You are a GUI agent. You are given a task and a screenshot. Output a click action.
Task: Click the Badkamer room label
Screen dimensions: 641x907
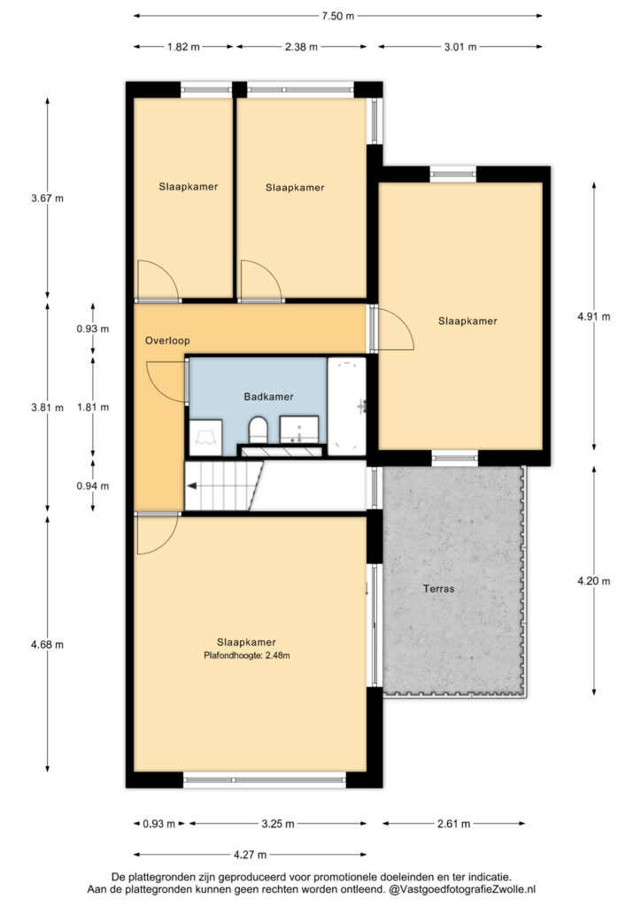pyautogui.click(x=268, y=397)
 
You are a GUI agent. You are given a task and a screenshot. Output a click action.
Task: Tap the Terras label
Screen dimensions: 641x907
pyautogui.click(x=438, y=589)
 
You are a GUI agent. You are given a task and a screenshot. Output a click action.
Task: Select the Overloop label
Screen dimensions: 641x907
pyautogui.click(x=167, y=341)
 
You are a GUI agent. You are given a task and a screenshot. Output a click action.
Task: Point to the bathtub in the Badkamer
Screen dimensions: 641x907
pyautogui.click(x=347, y=406)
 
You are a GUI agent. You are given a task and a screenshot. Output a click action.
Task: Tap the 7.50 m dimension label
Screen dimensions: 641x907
pyautogui.click(x=338, y=16)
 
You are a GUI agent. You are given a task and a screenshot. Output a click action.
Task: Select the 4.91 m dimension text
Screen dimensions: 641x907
pyautogui.click(x=593, y=316)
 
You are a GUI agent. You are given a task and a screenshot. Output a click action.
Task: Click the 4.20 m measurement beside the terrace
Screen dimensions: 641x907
pyautogui.click(x=593, y=581)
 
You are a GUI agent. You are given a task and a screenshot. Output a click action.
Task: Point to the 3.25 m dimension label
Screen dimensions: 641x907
pyautogui.click(x=278, y=824)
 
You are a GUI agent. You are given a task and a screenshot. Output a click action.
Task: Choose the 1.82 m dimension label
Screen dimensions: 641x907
pyautogui.click(x=183, y=47)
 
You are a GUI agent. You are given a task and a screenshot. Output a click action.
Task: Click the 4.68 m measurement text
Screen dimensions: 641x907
pyautogui.click(x=48, y=645)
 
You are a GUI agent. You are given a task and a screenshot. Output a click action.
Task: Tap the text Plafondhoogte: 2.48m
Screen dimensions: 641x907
pyautogui.click(x=247, y=655)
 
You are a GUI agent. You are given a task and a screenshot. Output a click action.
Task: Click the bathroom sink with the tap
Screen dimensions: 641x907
pyautogui.click(x=299, y=430)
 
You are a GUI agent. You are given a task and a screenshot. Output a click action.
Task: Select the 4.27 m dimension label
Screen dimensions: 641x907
pyautogui.click(x=251, y=855)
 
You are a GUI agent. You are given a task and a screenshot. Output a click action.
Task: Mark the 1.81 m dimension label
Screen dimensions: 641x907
pyautogui.click(x=92, y=407)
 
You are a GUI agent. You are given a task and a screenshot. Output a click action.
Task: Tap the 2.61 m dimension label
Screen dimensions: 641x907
pyautogui.click(x=453, y=824)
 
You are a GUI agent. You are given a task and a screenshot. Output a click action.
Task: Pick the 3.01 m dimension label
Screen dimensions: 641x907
pyautogui.click(x=460, y=47)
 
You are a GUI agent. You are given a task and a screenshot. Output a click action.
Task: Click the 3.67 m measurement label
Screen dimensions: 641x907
pyautogui.click(x=48, y=198)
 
